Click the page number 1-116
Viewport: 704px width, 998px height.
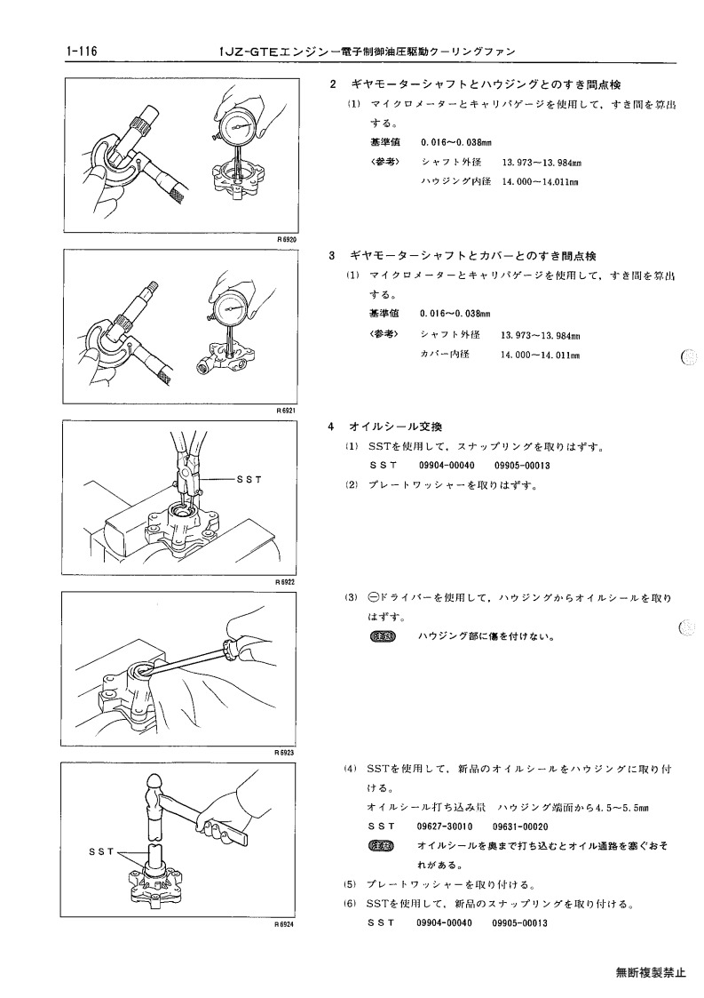81,52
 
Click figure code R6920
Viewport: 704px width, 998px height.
287,240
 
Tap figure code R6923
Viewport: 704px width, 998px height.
286,753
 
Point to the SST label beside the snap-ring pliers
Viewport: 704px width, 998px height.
249,479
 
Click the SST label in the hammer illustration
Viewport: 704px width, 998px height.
102,851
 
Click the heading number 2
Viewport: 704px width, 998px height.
333,84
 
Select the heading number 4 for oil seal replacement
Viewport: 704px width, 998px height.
331,427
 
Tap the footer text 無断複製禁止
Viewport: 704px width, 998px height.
651,972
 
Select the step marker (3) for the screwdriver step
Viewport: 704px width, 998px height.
352,598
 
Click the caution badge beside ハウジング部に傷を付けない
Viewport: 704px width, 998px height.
382,635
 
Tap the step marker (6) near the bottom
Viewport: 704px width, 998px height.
351,904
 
